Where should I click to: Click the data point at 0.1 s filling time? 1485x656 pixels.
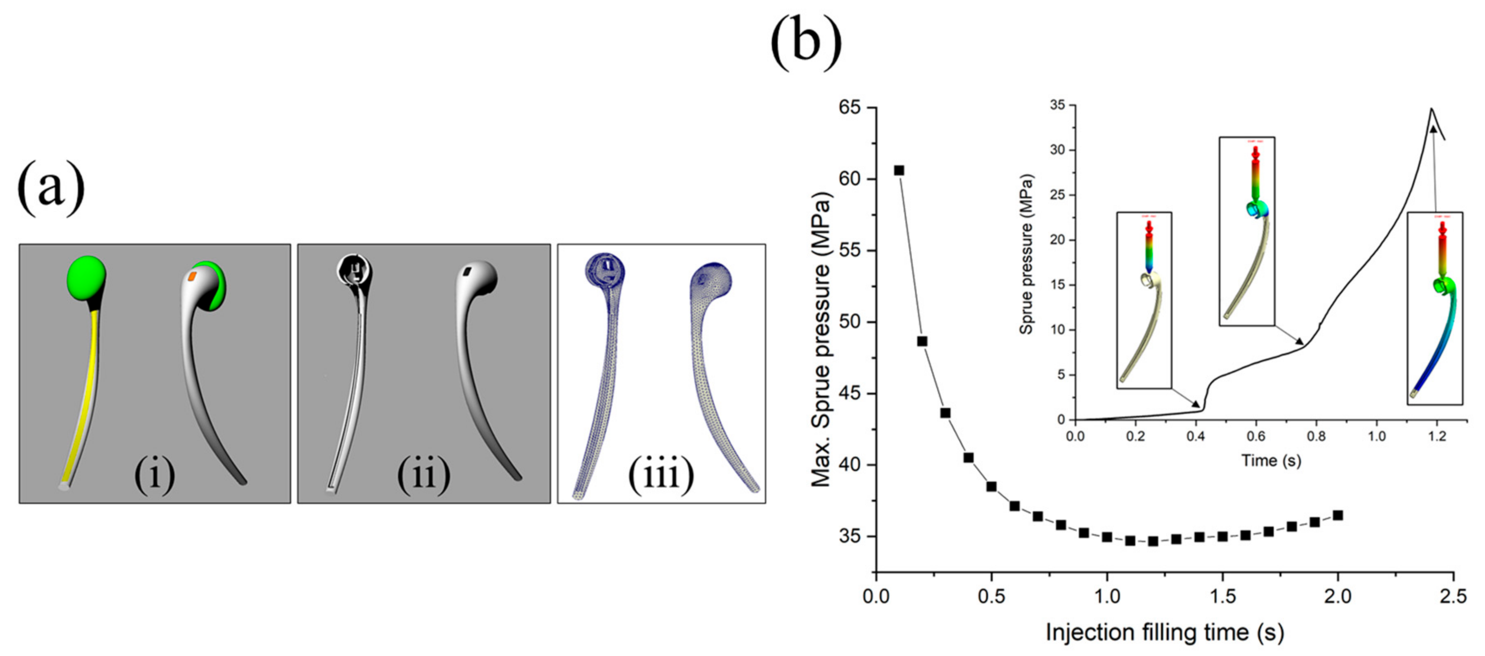click(899, 170)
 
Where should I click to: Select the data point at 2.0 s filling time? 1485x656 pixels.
click(1337, 515)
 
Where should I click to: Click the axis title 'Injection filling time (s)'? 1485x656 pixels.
click(1164, 632)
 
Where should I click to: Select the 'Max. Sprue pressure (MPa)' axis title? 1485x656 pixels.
click(821, 340)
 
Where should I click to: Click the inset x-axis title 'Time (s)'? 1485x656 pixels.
click(1271, 461)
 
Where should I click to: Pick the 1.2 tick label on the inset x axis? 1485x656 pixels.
click(1437, 436)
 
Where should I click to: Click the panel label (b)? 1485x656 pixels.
click(805, 41)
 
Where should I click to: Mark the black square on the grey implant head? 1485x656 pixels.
click(467, 270)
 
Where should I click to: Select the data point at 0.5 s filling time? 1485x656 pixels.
click(991, 487)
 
